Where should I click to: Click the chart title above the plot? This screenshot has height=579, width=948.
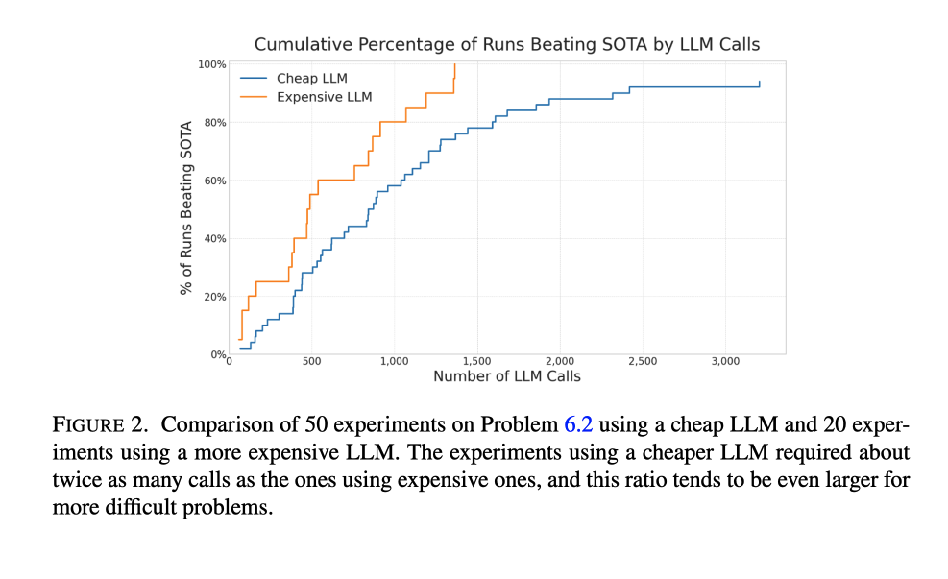point(507,44)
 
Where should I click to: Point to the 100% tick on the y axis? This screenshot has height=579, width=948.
point(212,64)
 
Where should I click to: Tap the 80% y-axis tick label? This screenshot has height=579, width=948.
point(215,123)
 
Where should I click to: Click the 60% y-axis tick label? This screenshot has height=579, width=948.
point(215,181)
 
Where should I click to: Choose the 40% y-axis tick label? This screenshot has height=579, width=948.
point(215,238)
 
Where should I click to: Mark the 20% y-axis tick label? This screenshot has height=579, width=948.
point(215,297)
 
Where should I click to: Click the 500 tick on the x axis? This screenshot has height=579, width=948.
point(311,362)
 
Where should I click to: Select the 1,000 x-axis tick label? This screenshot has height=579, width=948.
point(394,362)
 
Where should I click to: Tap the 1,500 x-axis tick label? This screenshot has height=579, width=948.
point(476,362)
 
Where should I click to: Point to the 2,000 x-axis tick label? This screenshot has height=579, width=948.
point(559,362)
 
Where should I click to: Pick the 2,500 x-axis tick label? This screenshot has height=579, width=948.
point(642,362)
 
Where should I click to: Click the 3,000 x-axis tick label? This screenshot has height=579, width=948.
point(724,362)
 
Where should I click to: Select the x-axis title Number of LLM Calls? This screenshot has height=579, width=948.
point(507,376)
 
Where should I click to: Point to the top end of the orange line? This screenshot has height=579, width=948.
point(454,65)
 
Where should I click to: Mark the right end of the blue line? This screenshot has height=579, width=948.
point(759,83)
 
